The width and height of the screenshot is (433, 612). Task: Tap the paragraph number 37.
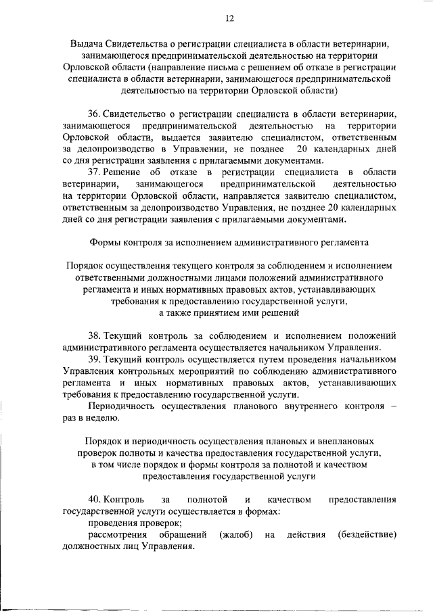pyautogui.click(x=95, y=174)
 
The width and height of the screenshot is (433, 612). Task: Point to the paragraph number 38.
pyautogui.click(x=95, y=335)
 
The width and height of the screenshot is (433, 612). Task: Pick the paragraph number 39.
pyautogui.click(x=95, y=359)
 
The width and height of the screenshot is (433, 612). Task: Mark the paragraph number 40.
pyautogui.click(x=95, y=500)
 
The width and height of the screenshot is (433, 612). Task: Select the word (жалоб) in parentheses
pyautogui.click(x=236, y=535)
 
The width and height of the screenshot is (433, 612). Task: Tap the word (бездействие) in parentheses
pyautogui.click(x=367, y=535)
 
